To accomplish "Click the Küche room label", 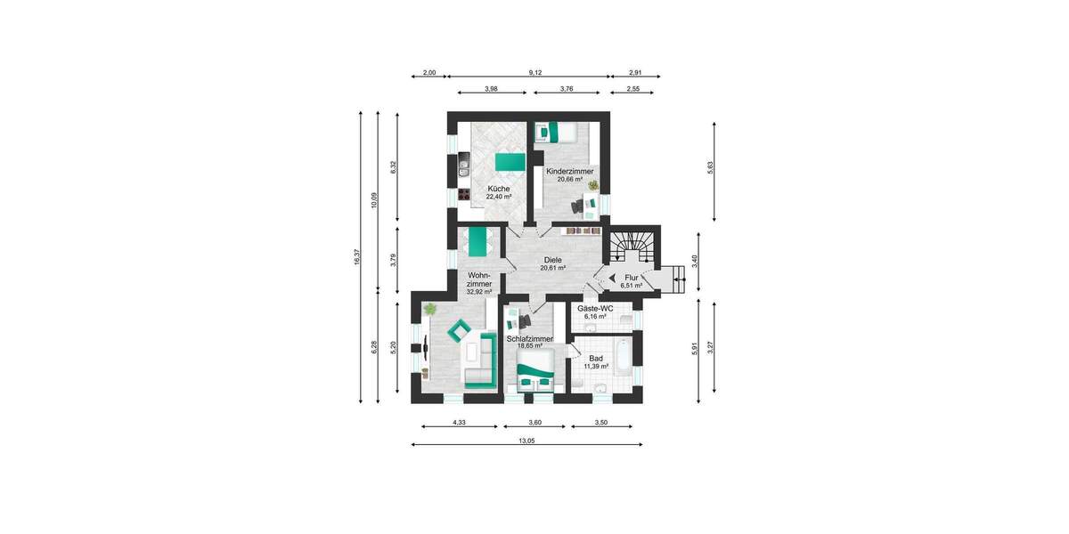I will pos(498,189).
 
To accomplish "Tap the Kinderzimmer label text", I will pos(569,171).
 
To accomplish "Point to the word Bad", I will pos(596,358).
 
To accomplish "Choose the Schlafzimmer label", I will pos(530,339).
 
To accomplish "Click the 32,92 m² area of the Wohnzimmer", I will pos(479,292).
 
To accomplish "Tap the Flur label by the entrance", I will pos(632,279).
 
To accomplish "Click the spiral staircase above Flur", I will pos(633,244).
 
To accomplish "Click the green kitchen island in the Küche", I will pos(508,161).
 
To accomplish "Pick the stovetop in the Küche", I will pos(463,193).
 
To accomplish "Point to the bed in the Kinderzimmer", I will pos(556,133).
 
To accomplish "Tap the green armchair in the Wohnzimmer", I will pos(461,331).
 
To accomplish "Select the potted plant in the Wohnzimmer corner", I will pos(430,309).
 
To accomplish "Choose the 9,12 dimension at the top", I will pos(534,72).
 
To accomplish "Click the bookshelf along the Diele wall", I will pos(583,231).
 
